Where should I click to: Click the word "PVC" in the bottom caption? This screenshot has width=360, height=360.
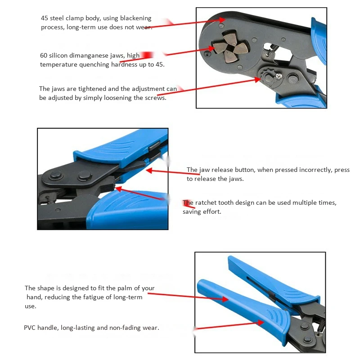(30, 328)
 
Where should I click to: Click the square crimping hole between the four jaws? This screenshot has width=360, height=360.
(230, 48)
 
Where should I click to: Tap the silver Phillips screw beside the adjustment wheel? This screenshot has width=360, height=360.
(279, 76)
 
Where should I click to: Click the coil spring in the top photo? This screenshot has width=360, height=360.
(274, 48)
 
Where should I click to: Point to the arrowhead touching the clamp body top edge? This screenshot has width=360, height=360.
(222, 20)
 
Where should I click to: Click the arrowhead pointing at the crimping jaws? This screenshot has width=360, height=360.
(211, 48)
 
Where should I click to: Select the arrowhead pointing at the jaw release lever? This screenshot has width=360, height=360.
(149, 171)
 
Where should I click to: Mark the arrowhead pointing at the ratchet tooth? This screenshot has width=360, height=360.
(119, 189)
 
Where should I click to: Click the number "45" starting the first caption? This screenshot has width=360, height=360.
(44, 18)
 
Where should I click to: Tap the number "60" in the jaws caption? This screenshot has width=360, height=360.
(44, 55)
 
